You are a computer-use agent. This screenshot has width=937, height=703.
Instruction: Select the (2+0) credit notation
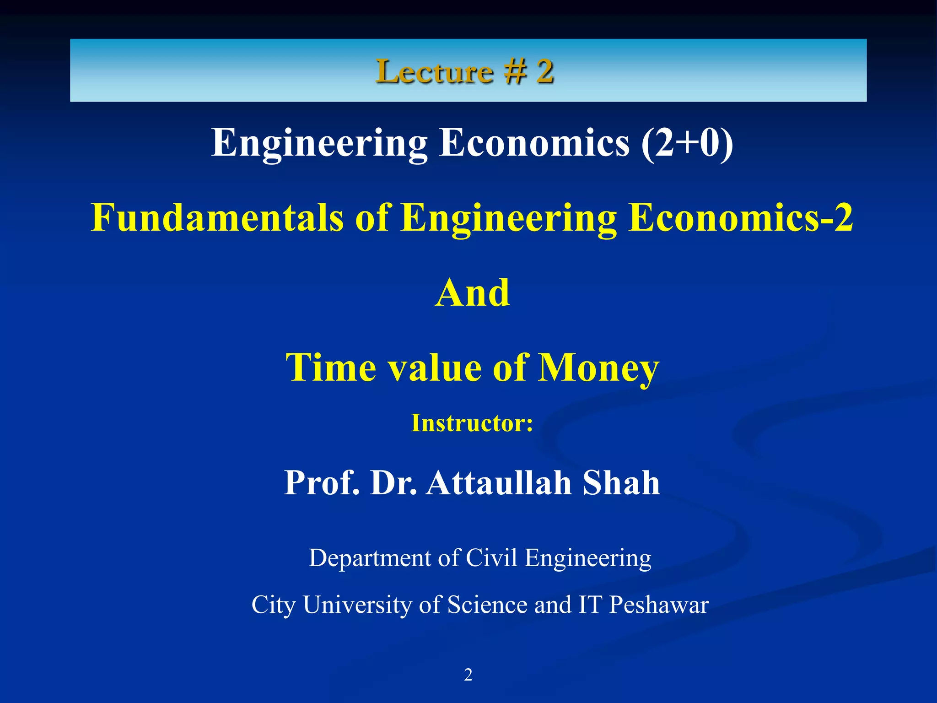[x=687, y=143]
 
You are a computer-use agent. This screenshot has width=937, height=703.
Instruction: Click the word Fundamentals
[x=217, y=217]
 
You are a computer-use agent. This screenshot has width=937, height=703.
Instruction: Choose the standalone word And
[x=472, y=293]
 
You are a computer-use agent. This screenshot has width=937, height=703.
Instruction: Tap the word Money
[x=598, y=368]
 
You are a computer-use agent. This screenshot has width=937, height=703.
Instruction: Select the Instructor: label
[x=472, y=423]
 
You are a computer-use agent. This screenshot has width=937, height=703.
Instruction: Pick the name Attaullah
[x=499, y=483]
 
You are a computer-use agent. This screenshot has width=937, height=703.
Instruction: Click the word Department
[x=370, y=558]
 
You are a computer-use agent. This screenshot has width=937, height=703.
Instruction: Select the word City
[x=273, y=605]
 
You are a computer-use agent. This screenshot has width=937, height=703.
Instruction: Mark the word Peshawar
[x=659, y=605]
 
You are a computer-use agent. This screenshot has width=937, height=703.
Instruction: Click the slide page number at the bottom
[x=468, y=675]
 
